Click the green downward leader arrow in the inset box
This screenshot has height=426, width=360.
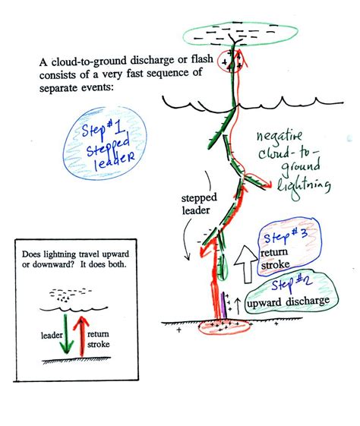point(66,334)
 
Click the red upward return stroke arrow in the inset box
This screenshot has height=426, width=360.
point(81,336)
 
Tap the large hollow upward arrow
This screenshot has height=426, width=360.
point(246,264)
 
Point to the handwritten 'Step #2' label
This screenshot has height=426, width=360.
point(292,284)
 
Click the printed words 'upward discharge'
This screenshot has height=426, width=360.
point(288,302)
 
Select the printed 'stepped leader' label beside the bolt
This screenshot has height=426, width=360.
point(199,204)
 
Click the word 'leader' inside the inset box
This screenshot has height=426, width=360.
point(52,336)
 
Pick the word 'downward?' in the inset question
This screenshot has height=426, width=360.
point(55,264)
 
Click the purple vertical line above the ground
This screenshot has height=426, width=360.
point(223,305)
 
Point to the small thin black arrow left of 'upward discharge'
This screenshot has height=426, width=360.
point(238,306)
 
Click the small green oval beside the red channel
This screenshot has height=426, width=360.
point(223,267)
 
